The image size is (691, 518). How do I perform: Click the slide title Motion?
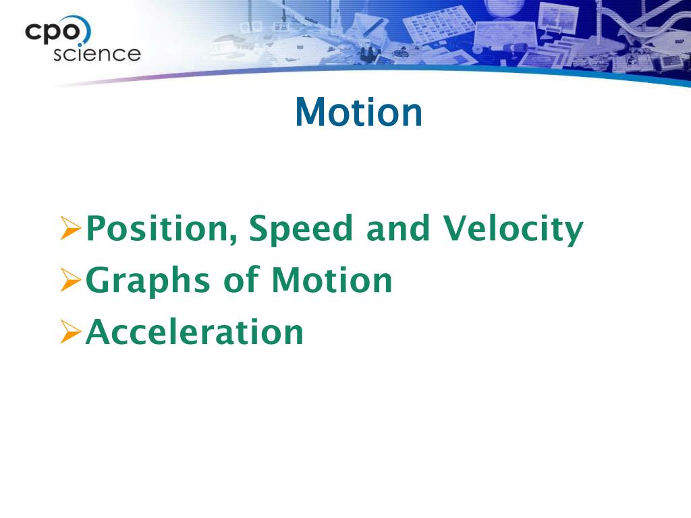[x=358, y=113]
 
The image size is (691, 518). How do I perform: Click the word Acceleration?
[x=194, y=333]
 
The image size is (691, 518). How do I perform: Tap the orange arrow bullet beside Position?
[x=70, y=231]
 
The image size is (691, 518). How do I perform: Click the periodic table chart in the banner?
[x=439, y=26]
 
